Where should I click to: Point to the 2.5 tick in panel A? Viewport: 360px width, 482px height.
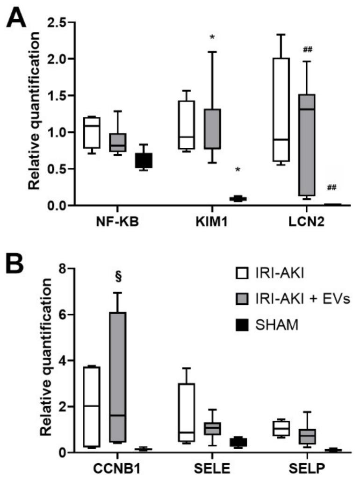58,22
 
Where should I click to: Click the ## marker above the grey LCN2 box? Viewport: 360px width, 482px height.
320,50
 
